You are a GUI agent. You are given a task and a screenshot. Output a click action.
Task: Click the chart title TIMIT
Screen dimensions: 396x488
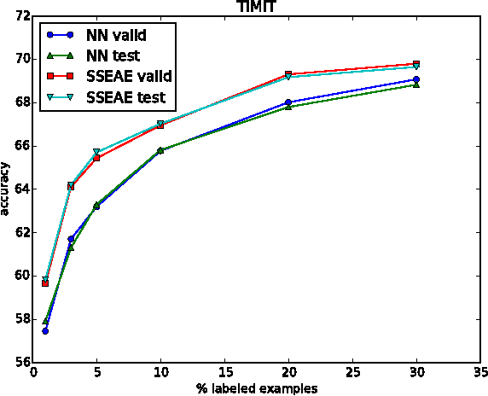[x=256, y=7]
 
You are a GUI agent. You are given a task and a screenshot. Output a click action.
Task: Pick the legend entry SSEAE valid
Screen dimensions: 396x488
[x=128, y=77]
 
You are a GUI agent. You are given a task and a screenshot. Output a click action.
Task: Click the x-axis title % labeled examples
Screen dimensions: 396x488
[x=256, y=388]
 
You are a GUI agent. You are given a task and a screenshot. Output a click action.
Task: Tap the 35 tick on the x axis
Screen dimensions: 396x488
[x=479, y=372]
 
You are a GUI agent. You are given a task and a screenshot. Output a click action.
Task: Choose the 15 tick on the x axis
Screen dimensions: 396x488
[x=224, y=372]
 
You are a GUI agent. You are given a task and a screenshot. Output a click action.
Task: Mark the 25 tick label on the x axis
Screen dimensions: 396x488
[x=352, y=372]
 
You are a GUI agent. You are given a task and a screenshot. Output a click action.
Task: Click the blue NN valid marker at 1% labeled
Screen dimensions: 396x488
[x=45, y=330]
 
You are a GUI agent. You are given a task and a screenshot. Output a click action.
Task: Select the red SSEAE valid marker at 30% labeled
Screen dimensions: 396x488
[x=416, y=64]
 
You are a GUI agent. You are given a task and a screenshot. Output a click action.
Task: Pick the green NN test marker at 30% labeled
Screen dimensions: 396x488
[x=416, y=84]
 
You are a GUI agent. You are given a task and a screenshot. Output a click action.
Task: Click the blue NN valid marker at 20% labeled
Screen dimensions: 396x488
[x=288, y=102]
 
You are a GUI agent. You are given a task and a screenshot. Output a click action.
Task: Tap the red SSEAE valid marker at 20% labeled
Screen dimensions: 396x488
[x=288, y=74]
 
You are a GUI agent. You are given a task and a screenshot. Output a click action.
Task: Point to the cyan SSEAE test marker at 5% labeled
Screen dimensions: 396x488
[x=96, y=152]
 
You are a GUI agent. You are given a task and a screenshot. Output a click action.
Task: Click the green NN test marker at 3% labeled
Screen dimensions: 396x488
[x=71, y=247]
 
